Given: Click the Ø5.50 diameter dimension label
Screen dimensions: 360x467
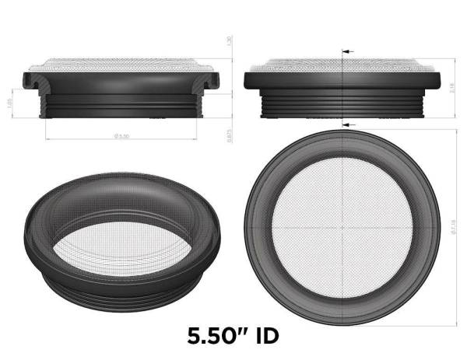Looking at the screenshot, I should pyautogui.click(x=121, y=136).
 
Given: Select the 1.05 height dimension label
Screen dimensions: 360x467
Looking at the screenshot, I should pyautogui.click(x=9, y=103).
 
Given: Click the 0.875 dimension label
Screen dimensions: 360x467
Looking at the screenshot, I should pyautogui.click(x=229, y=134).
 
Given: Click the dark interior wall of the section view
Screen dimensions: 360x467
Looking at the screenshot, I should pyautogui.click(x=125, y=83).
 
